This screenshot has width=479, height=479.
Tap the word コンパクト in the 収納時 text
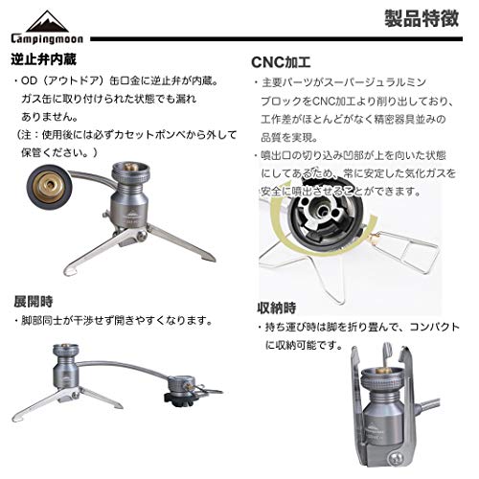coord(426,327)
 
